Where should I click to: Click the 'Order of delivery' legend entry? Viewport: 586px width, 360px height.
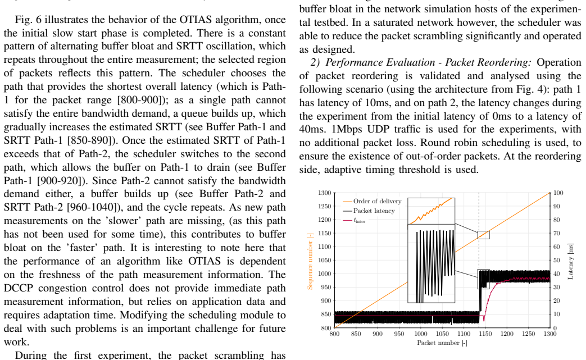(372, 201)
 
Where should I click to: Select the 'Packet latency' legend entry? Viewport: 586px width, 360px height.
(369, 211)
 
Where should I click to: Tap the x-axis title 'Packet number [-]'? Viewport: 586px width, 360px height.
(442, 343)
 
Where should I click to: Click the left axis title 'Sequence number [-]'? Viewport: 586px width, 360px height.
(310, 261)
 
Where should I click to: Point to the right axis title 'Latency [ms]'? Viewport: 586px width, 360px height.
(570, 261)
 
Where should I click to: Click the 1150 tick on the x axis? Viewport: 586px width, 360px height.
(485, 334)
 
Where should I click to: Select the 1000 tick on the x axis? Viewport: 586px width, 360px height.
(420, 334)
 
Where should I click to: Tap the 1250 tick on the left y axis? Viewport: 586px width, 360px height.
(324, 206)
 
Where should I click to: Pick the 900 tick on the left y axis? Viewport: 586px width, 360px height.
(326, 301)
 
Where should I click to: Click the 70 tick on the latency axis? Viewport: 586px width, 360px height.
(556, 234)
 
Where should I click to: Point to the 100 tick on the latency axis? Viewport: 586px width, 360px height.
(558, 193)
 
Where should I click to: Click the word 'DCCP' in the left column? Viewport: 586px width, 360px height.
(19, 288)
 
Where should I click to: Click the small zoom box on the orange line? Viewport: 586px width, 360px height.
(484, 235)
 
